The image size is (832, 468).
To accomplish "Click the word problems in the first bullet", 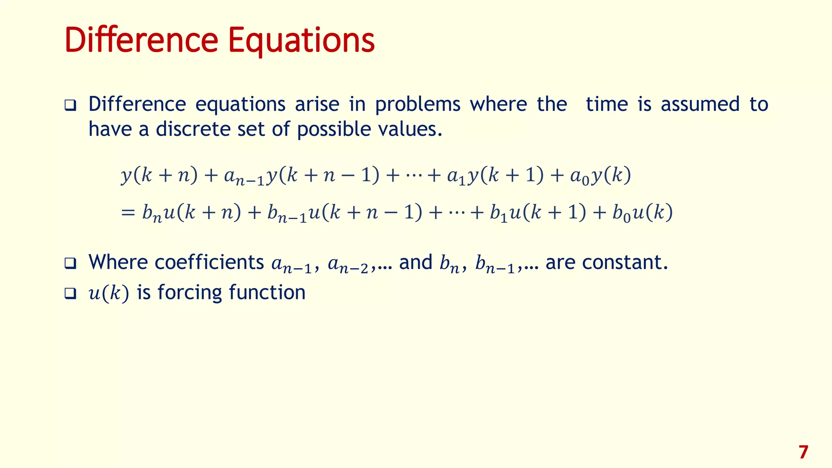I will [x=418, y=105].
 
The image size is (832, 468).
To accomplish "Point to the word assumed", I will [x=700, y=104].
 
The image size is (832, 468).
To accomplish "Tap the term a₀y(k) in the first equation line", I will [x=600, y=176].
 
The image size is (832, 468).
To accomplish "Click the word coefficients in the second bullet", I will [x=209, y=262].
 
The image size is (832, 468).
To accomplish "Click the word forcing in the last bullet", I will [x=190, y=293].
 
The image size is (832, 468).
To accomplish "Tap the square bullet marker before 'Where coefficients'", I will [x=70, y=263].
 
